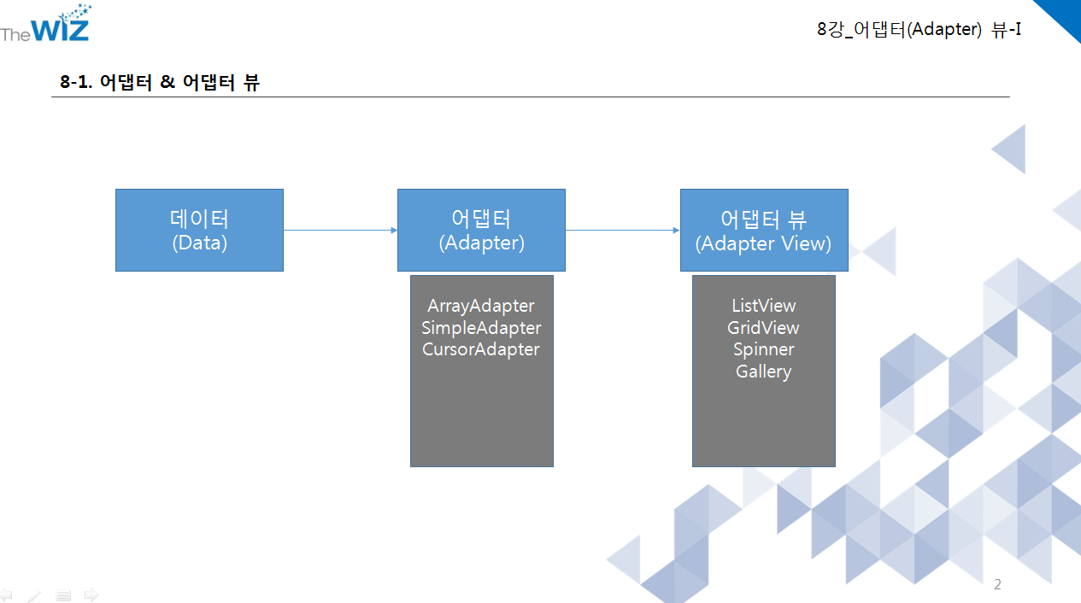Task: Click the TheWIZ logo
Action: (x=46, y=25)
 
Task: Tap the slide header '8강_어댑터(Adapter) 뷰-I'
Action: (x=919, y=29)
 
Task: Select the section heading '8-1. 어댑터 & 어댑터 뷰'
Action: (x=160, y=83)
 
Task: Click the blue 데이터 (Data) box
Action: (x=199, y=230)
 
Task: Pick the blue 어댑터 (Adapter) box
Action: (x=481, y=230)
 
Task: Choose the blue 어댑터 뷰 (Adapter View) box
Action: (x=764, y=230)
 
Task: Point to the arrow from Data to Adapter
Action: (x=340, y=230)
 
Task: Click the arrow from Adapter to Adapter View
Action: (x=622, y=230)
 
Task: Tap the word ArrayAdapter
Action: (x=481, y=306)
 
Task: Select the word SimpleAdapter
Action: (x=481, y=328)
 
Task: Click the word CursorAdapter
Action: (x=481, y=349)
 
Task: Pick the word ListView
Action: (x=763, y=306)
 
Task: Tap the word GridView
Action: (x=763, y=328)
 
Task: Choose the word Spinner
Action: (x=763, y=349)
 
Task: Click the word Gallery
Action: (x=763, y=372)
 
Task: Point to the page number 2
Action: (x=997, y=585)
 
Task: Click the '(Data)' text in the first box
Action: (x=199, y=243)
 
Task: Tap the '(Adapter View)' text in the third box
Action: (x=763, y=243)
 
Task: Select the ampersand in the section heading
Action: (x=167, y=83)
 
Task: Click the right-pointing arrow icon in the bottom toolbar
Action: (x=91, y=594)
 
